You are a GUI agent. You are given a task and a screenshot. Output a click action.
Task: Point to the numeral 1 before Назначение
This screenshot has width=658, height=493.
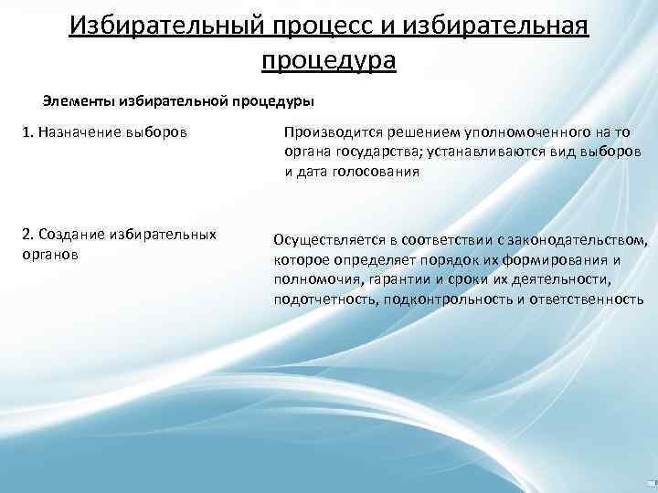pos(26,133)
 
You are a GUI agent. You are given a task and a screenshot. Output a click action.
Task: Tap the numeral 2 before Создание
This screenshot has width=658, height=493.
pos(26,235)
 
